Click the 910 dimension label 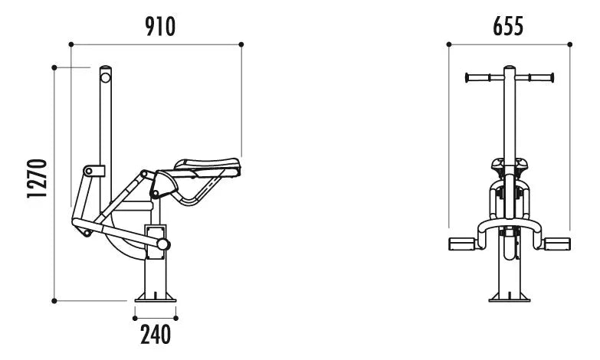point(160,27)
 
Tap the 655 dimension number point(508,27)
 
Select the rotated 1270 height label point(37,178)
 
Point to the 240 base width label point(156,335)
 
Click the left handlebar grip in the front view point(477,78)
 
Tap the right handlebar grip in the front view point(542,78)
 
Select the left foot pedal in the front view point(462,244)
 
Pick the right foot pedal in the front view point(557,244)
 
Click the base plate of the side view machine point(156,298)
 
